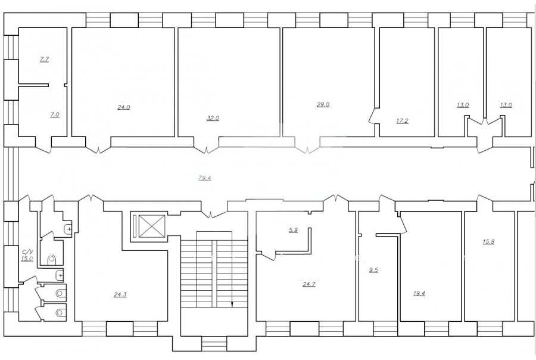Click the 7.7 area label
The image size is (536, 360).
[45, 60]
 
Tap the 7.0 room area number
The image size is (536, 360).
[55, 115]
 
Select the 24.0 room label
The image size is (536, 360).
[124, 107]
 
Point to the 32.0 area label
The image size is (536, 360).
[213, 119]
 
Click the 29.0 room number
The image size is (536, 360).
[323, 105]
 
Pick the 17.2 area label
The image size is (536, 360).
[402, 121]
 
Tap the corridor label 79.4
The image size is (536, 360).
[204, 178]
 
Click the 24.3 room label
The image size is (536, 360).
[120, 294]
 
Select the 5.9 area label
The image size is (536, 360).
[293, 230]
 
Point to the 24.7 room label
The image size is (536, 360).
[309, 284]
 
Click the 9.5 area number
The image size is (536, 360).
[373, 270]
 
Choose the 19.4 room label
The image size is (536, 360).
[419, 294]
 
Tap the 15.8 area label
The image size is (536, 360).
[488, 241]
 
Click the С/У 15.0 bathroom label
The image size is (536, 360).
[27, 255]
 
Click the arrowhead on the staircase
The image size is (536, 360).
[232, 304]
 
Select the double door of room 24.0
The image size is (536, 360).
[98, 148]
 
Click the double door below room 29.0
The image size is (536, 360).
[307, 148]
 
